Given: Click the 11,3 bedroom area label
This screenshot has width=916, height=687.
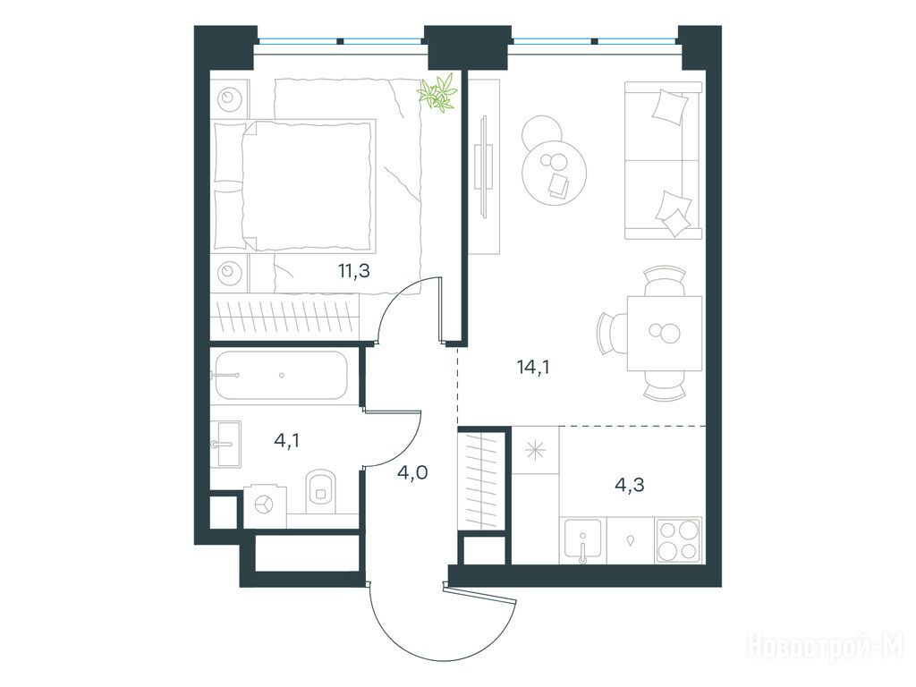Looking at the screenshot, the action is [354, 271].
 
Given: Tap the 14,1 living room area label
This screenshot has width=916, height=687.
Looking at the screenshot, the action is [533, 368].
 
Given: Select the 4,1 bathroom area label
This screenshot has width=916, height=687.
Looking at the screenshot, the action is [287, 440].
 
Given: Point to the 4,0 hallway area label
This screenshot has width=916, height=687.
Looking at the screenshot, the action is [412, 471].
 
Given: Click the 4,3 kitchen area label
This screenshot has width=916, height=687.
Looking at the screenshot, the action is [630, 484].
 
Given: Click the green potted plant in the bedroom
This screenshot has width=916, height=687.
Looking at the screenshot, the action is [437, 92].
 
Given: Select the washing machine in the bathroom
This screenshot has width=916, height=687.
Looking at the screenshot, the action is [265, 506].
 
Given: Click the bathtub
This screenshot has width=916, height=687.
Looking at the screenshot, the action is [280, 375].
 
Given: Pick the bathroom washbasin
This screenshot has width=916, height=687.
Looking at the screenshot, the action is [225, 444].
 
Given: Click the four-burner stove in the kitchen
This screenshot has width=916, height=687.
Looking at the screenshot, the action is [678, 540].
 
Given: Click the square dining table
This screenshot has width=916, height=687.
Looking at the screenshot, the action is [665, 333].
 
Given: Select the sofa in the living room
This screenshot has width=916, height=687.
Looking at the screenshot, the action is [663, 160].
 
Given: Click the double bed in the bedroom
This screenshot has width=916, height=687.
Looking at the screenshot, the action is [293, 187].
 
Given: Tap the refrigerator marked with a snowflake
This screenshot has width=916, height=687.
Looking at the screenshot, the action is [535, 450].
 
